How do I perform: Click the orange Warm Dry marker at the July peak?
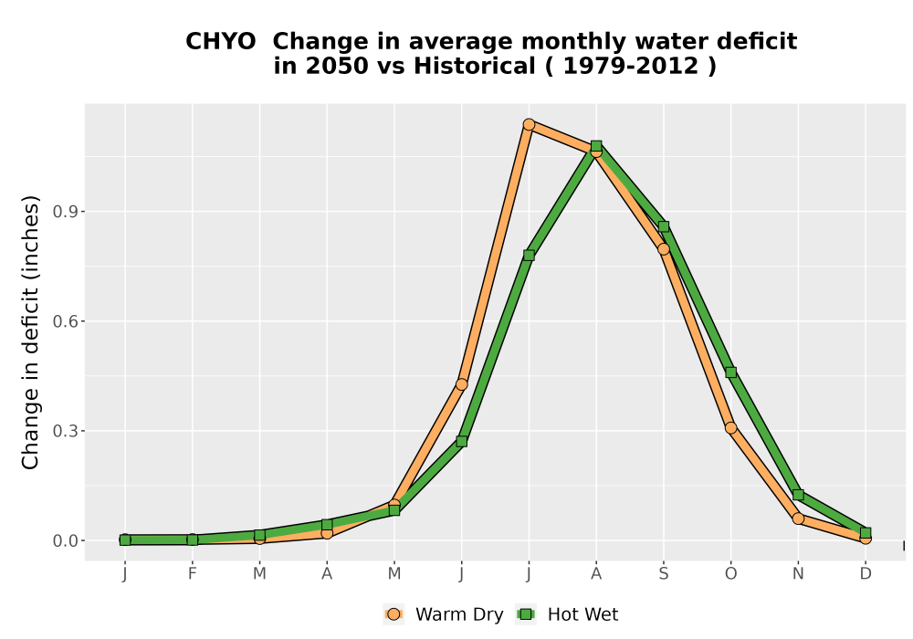(529, 124)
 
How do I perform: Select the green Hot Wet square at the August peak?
(596, 145)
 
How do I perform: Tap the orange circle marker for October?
(730, 428)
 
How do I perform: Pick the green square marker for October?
(730, 372)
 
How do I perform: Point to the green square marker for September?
(664, 226)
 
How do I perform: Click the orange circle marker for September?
(664, 249)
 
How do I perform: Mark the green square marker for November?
(798, 495)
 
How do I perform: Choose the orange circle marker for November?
(798, 518)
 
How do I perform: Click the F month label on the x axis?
(192, 574)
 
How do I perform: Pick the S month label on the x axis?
(664, 574)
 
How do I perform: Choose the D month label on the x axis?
(866, 574)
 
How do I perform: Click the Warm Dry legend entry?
(444, 614)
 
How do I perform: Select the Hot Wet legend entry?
(568, 614)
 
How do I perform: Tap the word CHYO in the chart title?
(221, 42)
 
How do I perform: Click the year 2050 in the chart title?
(338, 67)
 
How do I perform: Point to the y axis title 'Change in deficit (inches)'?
(30, 332)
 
